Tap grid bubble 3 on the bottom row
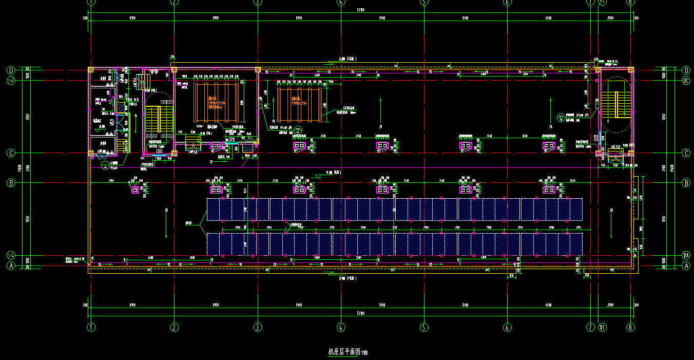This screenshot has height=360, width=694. pyautogui.click(x=258, y=327)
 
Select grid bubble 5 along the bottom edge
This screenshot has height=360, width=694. pyautogui.click(x=424, y=327)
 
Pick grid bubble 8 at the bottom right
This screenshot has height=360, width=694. pyautogui.click(x=631, y=327)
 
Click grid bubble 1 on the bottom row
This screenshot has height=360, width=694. pyautogui.click(x=91, y=327)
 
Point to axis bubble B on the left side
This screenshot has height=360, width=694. pyautogui.click(x=10, y=182)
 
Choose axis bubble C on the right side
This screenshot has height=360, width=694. pyautogui.click(x=686, y=153)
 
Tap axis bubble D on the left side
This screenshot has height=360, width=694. pyautogui.click(x=10, y=70)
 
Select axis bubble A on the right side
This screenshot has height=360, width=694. pyautogui.click(x=686, y=266)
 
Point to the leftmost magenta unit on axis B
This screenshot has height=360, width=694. pyautogui.click(x=136, y=190)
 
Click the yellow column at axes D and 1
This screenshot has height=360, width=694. pyautogui.click(x=91, y=69)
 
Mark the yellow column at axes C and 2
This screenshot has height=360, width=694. pyautogui.click(x=174, y=153)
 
